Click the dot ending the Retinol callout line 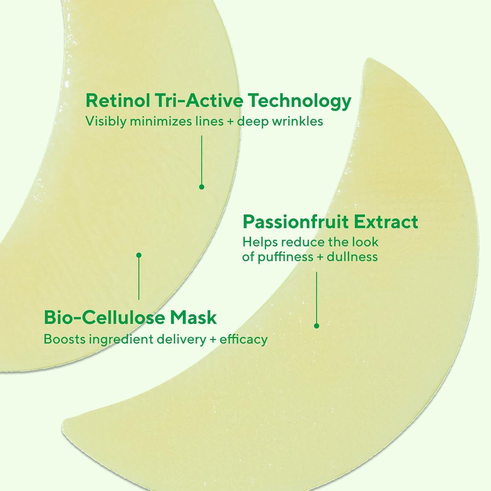(x=202, y=187)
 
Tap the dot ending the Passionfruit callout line (x=317, y=326)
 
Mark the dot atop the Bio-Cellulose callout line (x=139, y=255)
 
